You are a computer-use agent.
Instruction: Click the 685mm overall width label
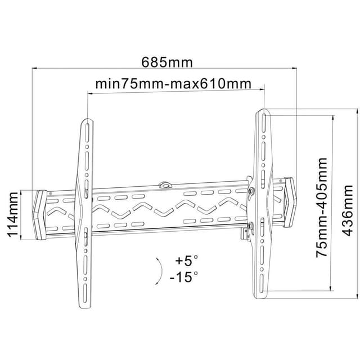click(x=167, y=62)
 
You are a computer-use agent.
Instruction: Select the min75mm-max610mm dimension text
click(x=173, y=84)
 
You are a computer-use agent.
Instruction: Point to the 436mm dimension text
click(x=348, y=210)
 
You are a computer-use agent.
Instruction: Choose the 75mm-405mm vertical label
click(x=322, y=208)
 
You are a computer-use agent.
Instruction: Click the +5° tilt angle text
click(x=186, y=260)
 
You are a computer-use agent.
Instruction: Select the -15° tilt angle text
click(x=184, y=276)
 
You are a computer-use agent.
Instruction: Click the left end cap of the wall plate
click(x=39, y=215)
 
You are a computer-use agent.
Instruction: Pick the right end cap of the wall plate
click(x=290, y=202)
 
